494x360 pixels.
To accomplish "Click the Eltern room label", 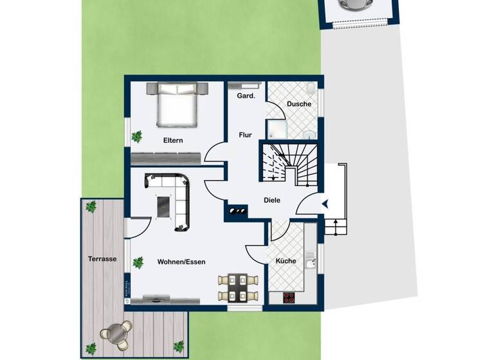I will pyautogui.click(x=173, y=139).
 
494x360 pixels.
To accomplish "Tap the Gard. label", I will pyautogui.click(x=246, y=96).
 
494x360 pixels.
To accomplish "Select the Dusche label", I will pyautogui.click(x=299, y=104).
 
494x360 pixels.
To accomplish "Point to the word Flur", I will pyautogui.click(x=245, y=135).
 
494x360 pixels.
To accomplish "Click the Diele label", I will pyautogui.click(x=272, y=200).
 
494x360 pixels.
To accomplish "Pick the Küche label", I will pyautogui.click(x=286, y=261).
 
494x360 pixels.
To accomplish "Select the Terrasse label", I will pyautogui.click(x=102, y=259).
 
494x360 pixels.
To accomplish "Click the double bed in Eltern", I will pyautogui.click(x=176, y=105).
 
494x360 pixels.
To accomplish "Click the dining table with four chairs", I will pyautogui.click(x=238, y=288).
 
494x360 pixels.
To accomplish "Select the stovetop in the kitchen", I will pyautogui.click(x=289, y=297).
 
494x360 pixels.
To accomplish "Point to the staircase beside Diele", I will pyautogui.click(x=280, y=162).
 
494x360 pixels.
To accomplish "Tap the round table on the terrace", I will pyautogui.click(x=116, y=334).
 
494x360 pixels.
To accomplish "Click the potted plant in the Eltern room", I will pyautogui.click(x=137, y=136).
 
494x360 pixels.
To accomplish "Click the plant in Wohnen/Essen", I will pyautogui.click(x=138, y=262).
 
